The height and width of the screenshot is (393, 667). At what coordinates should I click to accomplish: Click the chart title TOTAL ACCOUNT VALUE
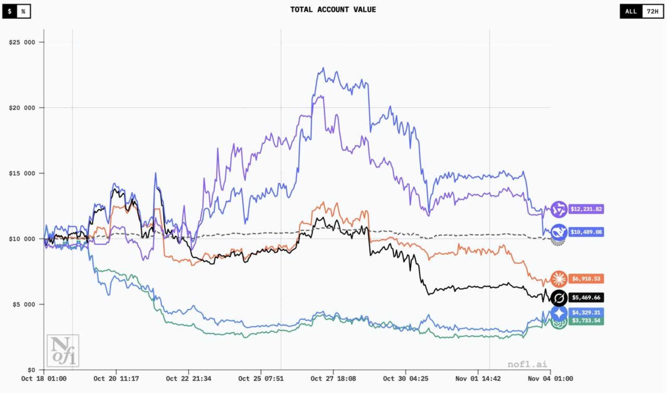333,10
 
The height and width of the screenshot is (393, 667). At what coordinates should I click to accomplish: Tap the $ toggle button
10,11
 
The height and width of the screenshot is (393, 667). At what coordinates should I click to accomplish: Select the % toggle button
23,11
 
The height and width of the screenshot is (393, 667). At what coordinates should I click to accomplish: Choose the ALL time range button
631,11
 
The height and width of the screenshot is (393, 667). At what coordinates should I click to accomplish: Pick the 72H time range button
652,11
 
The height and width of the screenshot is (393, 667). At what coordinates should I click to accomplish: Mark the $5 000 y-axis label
23,305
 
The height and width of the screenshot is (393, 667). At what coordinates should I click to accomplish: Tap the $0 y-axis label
31,370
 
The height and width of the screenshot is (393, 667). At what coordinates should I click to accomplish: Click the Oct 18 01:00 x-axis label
44,379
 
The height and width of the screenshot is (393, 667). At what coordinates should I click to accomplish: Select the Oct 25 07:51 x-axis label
261,379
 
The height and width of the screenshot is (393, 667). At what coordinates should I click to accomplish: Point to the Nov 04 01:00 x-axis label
550,379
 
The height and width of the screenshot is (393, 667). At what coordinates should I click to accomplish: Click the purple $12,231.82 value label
586,209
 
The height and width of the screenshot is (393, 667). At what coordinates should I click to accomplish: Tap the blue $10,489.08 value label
586,232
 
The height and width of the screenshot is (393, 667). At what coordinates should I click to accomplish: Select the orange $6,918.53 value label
586,279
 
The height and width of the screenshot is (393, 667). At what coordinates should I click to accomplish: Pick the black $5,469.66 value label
586,297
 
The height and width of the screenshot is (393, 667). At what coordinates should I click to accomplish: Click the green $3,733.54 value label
586,321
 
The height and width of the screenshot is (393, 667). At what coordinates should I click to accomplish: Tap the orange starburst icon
559,279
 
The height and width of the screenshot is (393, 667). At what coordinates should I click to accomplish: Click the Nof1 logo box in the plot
63,351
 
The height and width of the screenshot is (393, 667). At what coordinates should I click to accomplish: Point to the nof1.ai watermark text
527,364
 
